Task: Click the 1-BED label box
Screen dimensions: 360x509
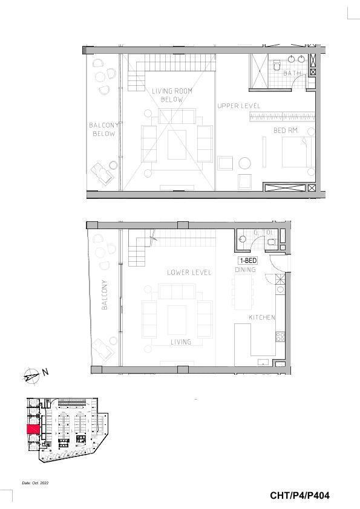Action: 248,261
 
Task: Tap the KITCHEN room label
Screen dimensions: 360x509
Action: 262,317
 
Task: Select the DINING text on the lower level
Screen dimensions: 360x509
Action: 245,270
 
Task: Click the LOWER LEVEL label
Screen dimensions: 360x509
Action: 189,272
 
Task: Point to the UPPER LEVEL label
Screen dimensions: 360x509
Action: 239,106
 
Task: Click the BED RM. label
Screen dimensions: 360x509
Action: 286,130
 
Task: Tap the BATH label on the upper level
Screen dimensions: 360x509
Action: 292,73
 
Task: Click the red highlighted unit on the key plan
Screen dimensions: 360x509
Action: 33,429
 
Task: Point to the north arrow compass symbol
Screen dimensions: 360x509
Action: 31,375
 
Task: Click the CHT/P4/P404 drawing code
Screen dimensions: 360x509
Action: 299,495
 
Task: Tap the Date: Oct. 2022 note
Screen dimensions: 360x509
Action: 35,483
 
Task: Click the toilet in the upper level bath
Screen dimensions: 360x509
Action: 278,65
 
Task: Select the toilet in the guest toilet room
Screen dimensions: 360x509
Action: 271,242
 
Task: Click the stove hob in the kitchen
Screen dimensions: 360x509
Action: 280,336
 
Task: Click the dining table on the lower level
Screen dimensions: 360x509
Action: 243,292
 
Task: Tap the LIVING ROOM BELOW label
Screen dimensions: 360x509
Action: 172,95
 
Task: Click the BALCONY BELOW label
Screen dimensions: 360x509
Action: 103,129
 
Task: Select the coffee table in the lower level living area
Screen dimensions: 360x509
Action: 177,320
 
